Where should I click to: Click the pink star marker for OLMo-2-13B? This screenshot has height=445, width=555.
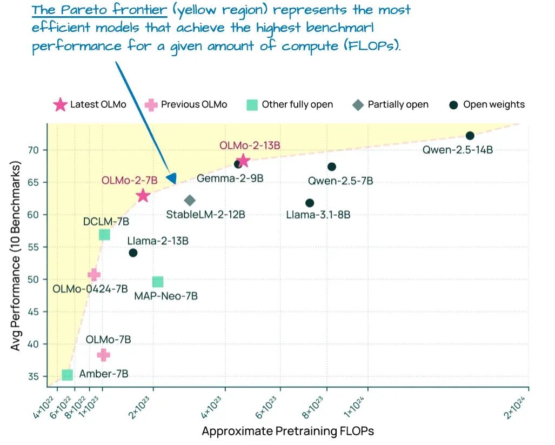[243, 161]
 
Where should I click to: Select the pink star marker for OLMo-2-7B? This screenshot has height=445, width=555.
[143, 196]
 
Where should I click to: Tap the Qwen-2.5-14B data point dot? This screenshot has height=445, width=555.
[470, 136]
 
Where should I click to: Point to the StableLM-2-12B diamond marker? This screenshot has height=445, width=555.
[190, 201]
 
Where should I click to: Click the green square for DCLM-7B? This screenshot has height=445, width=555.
[104, 234]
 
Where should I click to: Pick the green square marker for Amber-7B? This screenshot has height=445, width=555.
[67, 375]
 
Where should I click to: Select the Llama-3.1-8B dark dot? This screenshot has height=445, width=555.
[310, 203]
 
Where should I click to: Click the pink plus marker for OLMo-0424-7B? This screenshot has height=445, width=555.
[94, 275]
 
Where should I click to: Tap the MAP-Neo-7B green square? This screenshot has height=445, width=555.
[158, 282]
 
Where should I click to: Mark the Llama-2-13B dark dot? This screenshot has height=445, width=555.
[133, 253]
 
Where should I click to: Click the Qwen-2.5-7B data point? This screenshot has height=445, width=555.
[332, 167]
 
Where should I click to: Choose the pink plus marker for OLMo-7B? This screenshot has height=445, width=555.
[103, 355]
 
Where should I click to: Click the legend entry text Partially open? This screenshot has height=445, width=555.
[398, 104]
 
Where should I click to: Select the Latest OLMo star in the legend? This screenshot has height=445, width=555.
[60, 104]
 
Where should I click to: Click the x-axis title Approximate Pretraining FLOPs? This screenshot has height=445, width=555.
[287, 431]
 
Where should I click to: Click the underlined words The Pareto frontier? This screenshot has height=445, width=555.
[98, 10]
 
